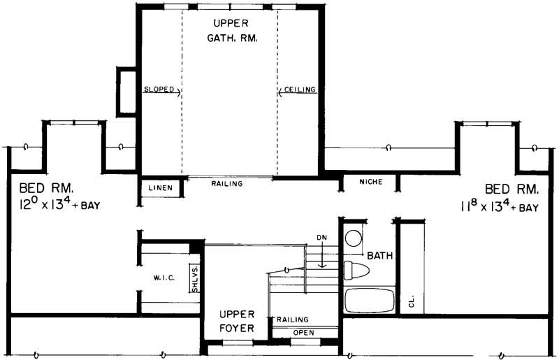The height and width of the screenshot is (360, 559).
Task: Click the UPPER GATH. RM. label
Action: [231, 31]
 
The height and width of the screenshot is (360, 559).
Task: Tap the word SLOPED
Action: [159, 90]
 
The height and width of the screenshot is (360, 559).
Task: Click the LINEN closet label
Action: [161, 187]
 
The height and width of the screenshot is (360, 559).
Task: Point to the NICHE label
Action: [370, 182]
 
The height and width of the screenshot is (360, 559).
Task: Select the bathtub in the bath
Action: [370, 300]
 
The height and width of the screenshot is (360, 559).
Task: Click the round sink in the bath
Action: [353, 237]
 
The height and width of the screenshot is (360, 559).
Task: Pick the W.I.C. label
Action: [164, 278]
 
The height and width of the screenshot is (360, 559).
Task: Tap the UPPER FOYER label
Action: [235, 321]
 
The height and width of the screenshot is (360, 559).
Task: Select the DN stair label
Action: [321, 238]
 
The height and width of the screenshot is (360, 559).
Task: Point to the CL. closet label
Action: [412, 302]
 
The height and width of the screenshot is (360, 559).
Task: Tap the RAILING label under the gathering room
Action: [226, 184]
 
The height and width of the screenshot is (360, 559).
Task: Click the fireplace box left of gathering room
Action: [126, 91]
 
